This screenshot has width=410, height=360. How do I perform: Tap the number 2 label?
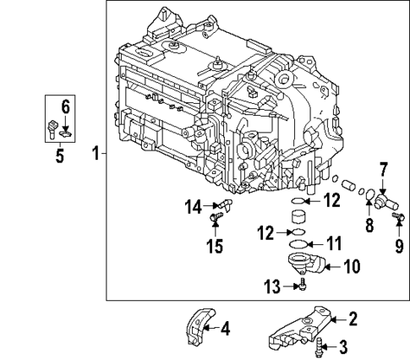(354, 319)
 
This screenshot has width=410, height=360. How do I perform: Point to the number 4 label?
(225, 330)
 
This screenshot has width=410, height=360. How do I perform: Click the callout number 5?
(59, 156)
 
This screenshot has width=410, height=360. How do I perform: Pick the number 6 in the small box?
(63, 106)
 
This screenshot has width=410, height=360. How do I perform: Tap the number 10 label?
(350, 266)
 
